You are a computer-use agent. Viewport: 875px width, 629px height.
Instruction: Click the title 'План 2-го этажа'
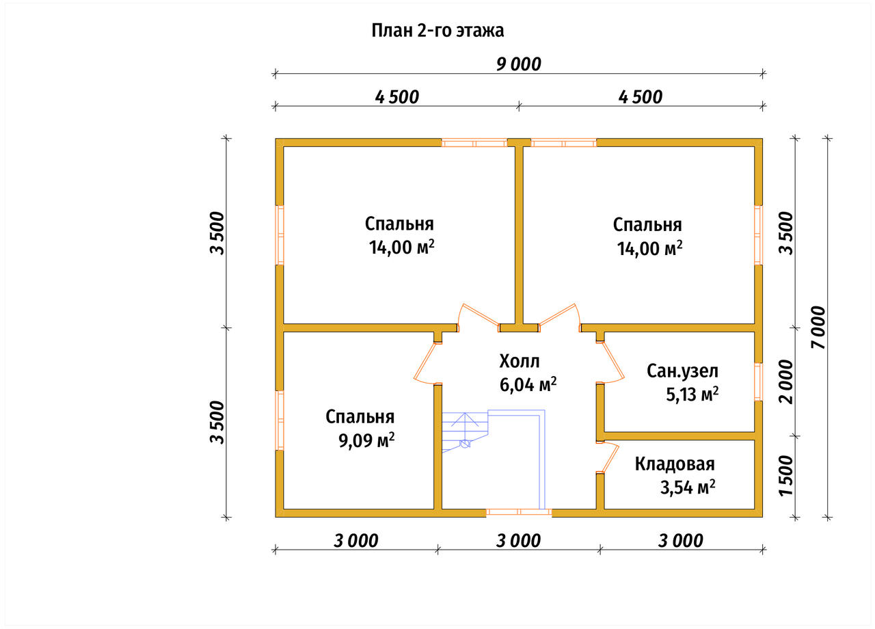point(437,31)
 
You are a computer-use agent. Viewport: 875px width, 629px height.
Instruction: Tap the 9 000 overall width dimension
point(519,64)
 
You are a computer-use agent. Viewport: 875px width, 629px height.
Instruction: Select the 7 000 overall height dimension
point(818,327)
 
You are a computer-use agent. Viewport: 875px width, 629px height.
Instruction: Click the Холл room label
point(519,362)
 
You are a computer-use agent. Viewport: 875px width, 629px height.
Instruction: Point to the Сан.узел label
point(682,371)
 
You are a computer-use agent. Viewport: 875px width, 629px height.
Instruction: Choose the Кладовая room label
point(675,464)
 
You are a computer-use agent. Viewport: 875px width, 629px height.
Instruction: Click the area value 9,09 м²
point(366,440)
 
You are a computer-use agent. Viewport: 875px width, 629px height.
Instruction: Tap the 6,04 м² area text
point(528,385)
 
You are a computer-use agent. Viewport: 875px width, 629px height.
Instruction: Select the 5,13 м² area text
point(692,394)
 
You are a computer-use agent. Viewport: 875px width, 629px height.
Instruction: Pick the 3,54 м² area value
point(688,487)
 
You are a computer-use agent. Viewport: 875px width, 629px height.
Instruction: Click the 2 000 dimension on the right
point(786,382)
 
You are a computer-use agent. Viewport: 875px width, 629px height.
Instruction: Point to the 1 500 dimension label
point(786,475)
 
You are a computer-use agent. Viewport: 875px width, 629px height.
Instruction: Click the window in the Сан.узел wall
point(758,382)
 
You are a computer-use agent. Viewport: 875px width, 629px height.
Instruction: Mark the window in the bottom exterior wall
point(519,513)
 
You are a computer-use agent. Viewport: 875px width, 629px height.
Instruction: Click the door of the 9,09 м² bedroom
point(426,362)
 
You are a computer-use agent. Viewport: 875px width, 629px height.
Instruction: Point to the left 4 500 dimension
point(397,97)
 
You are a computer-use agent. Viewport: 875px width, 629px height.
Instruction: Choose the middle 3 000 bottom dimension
point(518,541)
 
